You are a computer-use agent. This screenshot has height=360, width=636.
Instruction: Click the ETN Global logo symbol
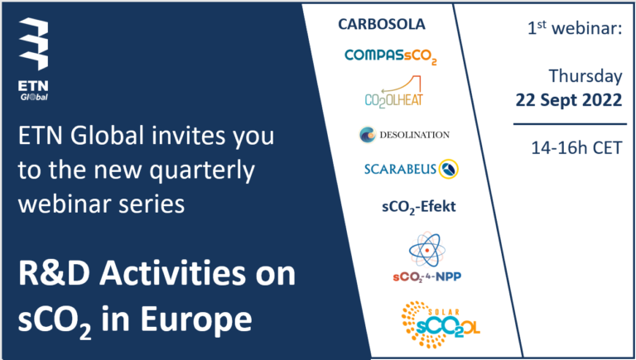point(34,44)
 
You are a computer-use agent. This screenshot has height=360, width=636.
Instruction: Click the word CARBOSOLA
point(382,24)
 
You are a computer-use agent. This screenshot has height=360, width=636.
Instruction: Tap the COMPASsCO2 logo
point(391,56)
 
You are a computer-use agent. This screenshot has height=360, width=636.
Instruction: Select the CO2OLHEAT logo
point(393,93)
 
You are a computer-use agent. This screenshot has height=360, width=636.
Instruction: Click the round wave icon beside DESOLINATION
point(368,135)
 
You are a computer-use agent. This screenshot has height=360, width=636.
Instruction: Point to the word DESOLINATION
point(415,135)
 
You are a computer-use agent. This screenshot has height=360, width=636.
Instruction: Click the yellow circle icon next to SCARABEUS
point(449,169)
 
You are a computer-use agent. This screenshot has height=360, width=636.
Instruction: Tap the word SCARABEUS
point(400,169)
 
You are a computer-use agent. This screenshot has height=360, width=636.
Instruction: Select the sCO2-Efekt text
point(419,207)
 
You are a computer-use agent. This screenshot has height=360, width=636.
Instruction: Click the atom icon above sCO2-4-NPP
point(426,250)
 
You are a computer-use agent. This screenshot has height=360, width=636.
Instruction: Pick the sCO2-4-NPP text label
point(426,277)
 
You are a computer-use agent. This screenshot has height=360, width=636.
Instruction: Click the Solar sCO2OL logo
point(441,324)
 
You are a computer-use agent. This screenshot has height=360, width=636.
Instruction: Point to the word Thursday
point(585,76)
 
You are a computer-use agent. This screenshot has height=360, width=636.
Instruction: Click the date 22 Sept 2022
point(569,100)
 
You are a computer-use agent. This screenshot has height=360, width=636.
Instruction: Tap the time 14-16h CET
point(576,148)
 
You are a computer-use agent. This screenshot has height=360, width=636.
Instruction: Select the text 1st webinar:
point(575,29)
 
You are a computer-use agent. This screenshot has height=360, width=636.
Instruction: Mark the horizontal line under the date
point(570,124)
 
